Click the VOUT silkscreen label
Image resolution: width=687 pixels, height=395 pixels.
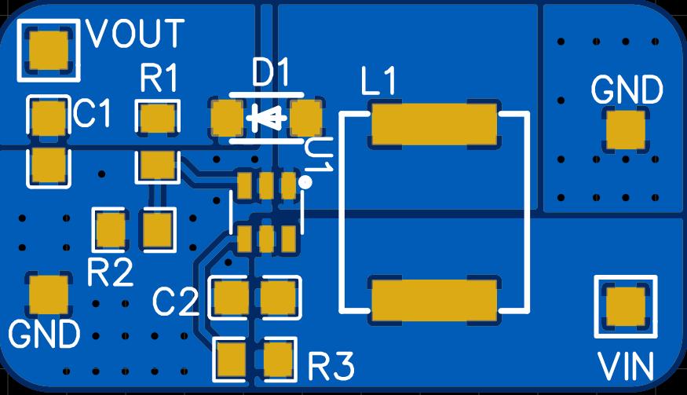pos(136,34)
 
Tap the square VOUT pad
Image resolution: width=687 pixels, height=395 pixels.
pos(49,50)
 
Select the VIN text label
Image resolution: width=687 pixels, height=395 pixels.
pos(626,367)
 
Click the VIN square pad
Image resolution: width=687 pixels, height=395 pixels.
pos(626,306)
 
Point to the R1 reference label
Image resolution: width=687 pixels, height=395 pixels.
pos(159,79)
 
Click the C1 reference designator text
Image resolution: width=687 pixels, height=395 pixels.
pos(93,115)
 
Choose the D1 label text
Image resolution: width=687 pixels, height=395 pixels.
pos(271,75)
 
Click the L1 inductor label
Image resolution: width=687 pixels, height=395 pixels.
pos(379,82)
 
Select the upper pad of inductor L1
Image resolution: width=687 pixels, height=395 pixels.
pos(434,124)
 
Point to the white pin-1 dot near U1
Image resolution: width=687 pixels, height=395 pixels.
pos(305,182)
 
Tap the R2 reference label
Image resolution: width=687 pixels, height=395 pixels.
pos(110,272)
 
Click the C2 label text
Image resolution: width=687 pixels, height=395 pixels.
pos(176,302)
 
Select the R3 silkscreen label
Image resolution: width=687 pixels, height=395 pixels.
pos(331,366)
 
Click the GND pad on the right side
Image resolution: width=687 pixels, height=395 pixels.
pos(626,130)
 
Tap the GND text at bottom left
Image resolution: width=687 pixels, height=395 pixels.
pos(44,335)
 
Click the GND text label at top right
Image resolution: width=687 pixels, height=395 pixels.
pos(627,90)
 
